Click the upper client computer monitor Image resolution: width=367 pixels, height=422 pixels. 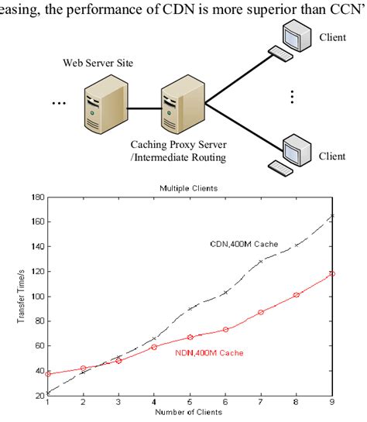click(297, 35)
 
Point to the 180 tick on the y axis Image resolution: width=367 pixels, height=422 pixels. click(39, 197)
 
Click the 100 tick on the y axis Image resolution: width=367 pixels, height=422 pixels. click(39, 297)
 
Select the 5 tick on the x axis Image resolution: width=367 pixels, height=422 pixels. click(190, 401)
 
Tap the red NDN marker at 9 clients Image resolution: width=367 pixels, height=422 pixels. click(332, 273)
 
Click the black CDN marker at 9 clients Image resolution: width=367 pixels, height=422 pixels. click(332, 215)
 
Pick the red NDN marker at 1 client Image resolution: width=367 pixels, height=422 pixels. click(48, 373)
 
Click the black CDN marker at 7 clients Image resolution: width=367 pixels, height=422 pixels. click(261, 262)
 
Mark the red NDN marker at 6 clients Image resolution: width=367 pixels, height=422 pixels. click(225, 329)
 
